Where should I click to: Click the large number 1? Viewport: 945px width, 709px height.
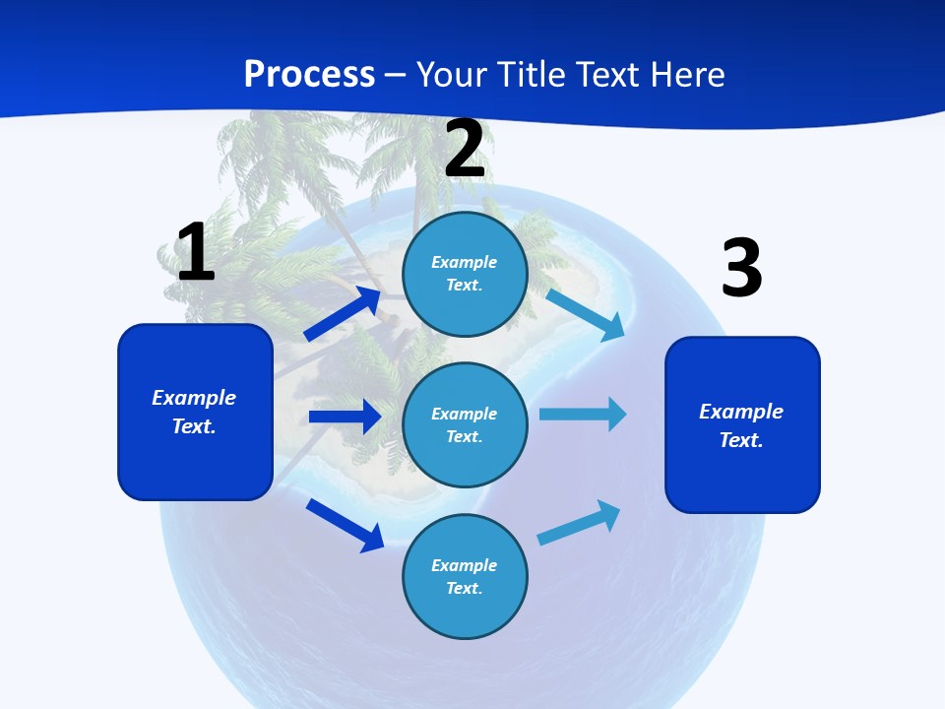tap(196, 252)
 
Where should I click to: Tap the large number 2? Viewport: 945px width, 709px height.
tap(465, 150)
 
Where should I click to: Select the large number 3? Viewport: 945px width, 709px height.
tap(741, 268)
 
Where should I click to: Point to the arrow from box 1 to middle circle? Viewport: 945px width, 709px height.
tap(345, 417)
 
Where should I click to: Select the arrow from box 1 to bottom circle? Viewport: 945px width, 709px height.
tap(346, 525)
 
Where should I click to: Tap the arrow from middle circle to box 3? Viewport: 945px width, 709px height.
tap(583, 415)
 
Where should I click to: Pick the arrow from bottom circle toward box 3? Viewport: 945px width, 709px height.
tap(579, 523)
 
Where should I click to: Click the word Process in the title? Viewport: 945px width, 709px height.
tap(309, 74)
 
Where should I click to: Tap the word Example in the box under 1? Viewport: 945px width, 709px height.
tap(194, 398)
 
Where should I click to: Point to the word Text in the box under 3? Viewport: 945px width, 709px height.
tap(739, 440)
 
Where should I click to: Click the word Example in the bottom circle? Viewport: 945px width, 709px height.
tap(464, 565)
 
